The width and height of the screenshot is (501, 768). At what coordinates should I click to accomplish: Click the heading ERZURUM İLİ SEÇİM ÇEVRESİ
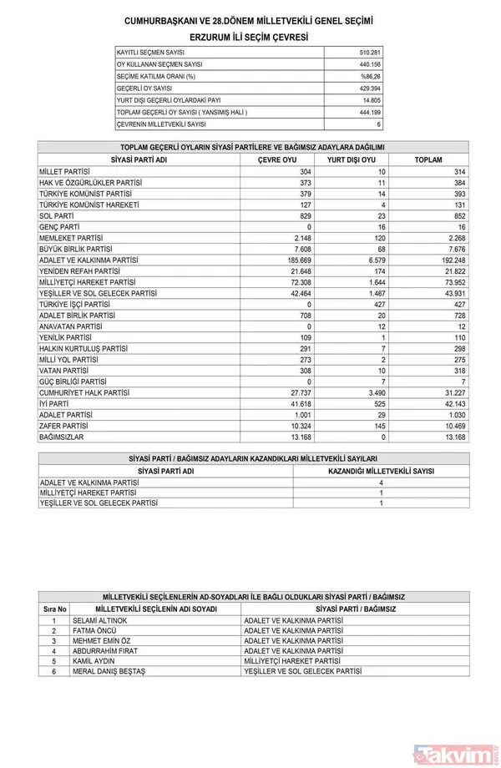click(x=249, y=38)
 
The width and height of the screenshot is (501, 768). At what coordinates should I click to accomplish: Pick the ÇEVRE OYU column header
click(x=277, y=159)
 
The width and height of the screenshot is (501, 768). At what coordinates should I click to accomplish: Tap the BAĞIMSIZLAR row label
click(x=63, y=437)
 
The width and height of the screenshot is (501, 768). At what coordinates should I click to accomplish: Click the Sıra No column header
click(x=54, y=609)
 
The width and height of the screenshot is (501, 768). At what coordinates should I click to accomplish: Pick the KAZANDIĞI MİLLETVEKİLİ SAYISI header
click(x=381, y=471)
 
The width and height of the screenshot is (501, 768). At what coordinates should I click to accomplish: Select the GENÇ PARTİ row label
click(x=59, y=226)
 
